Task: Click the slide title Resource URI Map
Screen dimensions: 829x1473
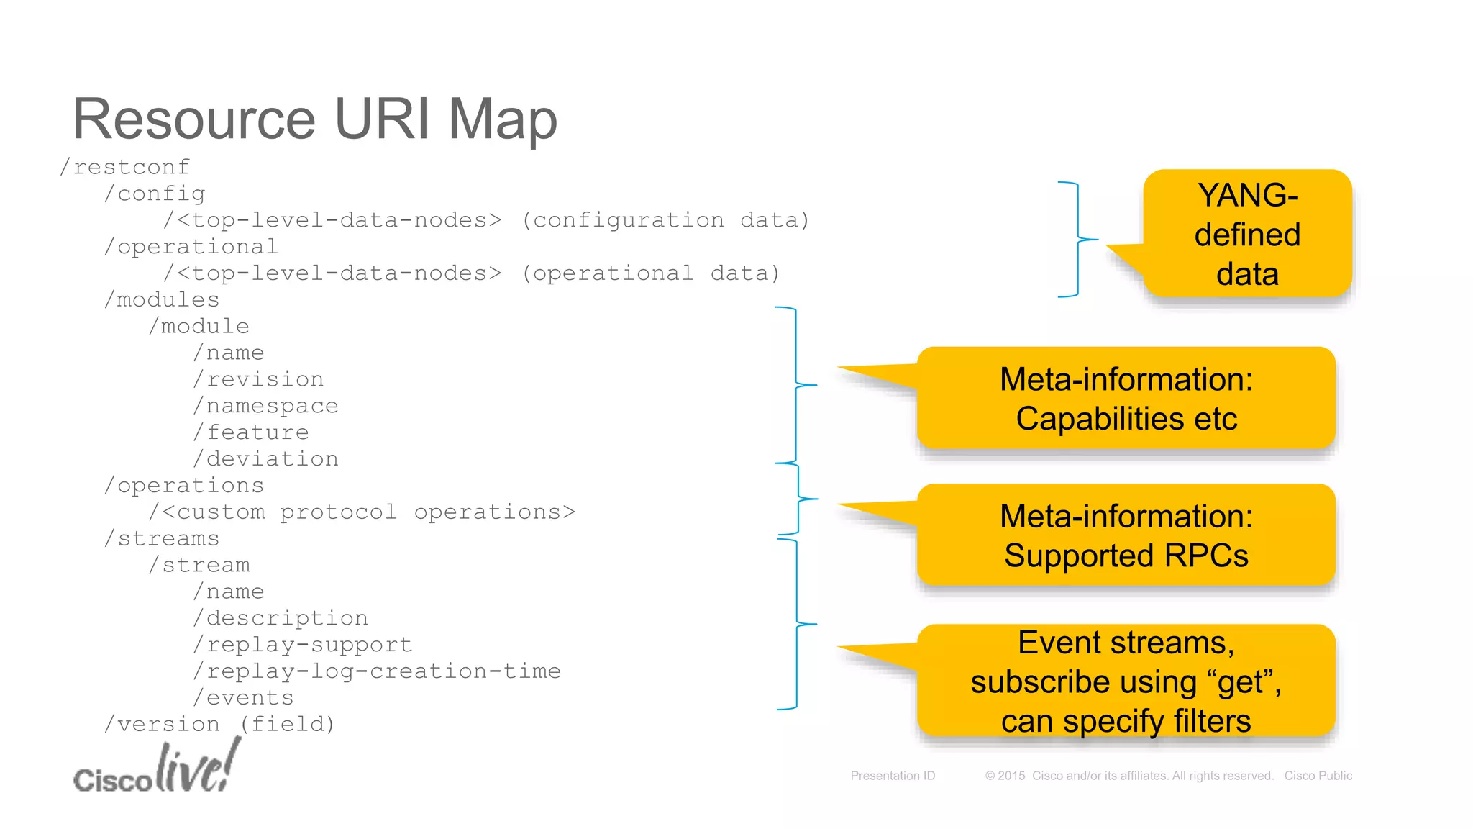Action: point(314,119)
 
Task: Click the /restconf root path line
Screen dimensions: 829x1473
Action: point(125,167)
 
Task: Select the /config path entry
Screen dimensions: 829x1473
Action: point(155,194)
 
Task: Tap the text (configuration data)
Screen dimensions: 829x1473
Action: point(665,220)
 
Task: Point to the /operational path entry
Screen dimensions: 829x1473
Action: point(191,247)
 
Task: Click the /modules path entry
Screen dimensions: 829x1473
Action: point(162,300)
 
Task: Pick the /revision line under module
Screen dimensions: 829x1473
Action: point(259,379)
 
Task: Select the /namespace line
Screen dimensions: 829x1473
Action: point(266,406)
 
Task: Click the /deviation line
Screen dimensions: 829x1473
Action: point(266,459)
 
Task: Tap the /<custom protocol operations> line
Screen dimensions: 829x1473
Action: point(362,512)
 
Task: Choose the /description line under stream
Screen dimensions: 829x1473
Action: point(281,618)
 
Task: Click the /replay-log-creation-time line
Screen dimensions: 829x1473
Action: point(377,671)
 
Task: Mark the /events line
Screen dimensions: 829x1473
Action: point(244,698)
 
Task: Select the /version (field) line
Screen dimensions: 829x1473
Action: point(220,725)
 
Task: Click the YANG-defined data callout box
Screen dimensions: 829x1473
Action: point(1247,235)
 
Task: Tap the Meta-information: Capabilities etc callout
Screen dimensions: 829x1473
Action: point(1126,399)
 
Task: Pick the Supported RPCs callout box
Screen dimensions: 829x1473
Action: point(1126,536)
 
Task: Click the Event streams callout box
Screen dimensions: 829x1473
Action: point(1126,681)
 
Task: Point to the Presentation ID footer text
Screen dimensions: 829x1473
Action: point(893,776)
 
